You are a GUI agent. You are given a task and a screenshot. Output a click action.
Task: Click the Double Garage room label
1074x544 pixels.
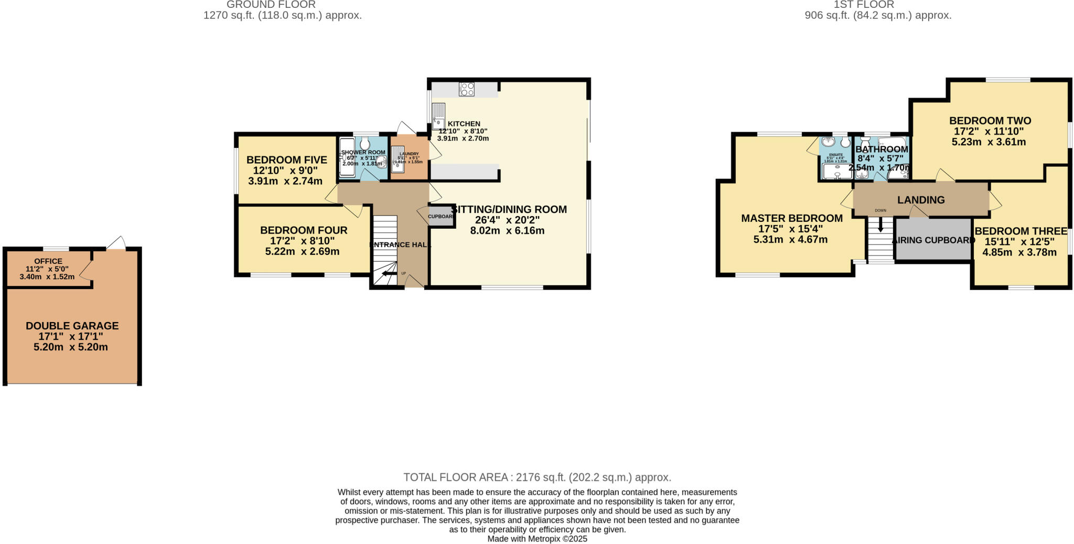tap(72, 326)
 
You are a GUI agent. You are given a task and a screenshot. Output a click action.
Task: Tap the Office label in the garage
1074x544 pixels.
tap(48, 261)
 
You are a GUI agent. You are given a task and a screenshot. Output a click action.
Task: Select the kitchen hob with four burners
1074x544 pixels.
tap(466, 89)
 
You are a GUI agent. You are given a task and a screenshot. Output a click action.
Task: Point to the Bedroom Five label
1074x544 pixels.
tap(286, 160)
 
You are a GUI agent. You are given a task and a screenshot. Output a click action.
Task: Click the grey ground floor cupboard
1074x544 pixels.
tap(441, 216)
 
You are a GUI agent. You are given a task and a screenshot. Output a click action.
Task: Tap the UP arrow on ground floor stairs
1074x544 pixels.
tap(389, 273)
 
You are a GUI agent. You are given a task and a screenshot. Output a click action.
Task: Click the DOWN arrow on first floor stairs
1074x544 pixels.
tap(880, 225)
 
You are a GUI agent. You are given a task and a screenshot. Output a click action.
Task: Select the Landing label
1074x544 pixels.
tap(921, 200)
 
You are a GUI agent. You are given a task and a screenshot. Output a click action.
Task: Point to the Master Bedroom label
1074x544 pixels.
tap(791, 218)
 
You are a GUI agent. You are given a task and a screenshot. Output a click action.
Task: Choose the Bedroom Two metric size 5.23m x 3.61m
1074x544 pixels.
tap(989, 142)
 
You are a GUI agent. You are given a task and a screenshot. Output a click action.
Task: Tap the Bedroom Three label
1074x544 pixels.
tap(1021, 231)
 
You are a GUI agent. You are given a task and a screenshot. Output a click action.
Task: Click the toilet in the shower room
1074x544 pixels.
tap(365, 143)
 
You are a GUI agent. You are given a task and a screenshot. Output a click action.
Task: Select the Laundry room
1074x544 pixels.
tap(409, 157)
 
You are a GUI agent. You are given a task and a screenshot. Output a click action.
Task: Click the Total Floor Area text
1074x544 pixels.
tap(537, 477)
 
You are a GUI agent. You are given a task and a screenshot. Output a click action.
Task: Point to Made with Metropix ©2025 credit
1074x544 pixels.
tap(537, 539)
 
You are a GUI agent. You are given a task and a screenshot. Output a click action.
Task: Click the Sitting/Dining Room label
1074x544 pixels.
tap(509, 209)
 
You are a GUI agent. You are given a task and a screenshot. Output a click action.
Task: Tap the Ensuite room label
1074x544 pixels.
tap(835, 155)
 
